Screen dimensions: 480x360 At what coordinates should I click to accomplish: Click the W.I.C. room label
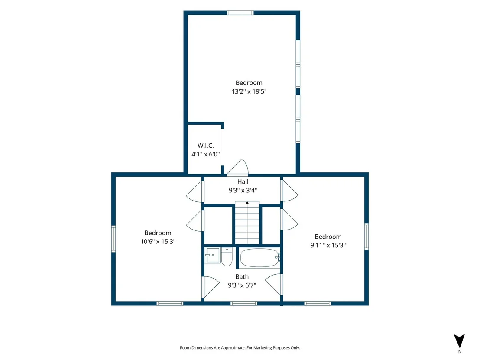pyautogui.click(x=205, y=146)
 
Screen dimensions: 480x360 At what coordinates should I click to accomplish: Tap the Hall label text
pyautogui.click(x=243, y=182)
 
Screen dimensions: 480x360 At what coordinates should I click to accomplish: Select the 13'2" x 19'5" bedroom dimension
pyautogui.click(x=249, y=91)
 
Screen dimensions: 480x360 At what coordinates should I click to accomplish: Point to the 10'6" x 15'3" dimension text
pyautogui.click(x=158, y=242)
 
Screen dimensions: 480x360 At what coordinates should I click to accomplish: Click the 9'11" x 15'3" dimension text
pyautogui.click(x=328, y=245)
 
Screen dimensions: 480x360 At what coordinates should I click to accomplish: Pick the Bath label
pyautogui.click(x=242, y=277)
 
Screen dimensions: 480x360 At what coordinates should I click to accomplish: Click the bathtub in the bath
pyautogui.click(x=260, y=258)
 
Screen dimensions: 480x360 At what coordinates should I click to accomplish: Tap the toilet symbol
pyautogui.click(x=227, y=257)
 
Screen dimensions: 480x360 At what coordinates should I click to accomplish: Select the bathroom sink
pyautogui.click(x=212, y=255)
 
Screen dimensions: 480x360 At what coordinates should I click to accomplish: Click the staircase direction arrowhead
pyautogui.click(x=247, y=203)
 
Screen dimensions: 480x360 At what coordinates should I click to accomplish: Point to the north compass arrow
pyautogui.click(x=459, y=341)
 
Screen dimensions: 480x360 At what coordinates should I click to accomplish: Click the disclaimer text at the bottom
pyautogui.click(x=240, y=348)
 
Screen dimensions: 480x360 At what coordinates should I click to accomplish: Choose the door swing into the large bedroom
pyautogui.click(x=238, y=168)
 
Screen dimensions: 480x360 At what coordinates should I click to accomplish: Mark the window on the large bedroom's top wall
pyautogui.click(x=240, y=13)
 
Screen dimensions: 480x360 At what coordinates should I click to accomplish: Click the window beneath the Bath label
pyautogui.click(x=243, y=303)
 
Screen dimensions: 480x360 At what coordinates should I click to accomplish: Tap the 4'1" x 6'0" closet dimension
pyautogui.click(x=205, y=154)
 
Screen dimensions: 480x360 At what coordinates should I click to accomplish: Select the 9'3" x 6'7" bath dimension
pyautogui.click(x=242, y=285)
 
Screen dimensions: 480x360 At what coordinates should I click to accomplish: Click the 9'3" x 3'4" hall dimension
pyautogui.click(x=243, y=191)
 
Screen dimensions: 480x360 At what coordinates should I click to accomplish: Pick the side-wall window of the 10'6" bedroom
pyautogui.click(x=113, y=239)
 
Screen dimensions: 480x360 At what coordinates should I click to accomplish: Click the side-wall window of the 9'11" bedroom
pyautogui.click(x=366, y=237)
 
